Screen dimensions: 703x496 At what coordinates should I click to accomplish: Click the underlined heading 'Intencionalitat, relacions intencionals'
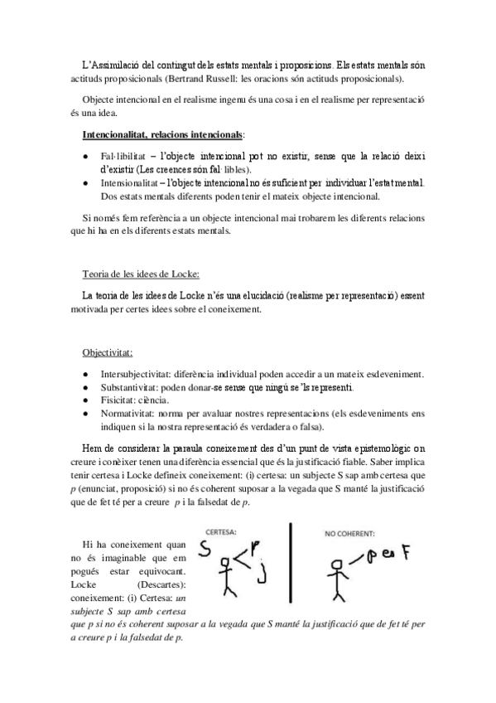[x=163, y=134]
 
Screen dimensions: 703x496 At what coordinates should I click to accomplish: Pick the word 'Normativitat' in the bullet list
[x=126, y=415]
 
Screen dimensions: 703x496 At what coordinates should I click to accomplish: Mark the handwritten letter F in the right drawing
[x=406, y=554]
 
